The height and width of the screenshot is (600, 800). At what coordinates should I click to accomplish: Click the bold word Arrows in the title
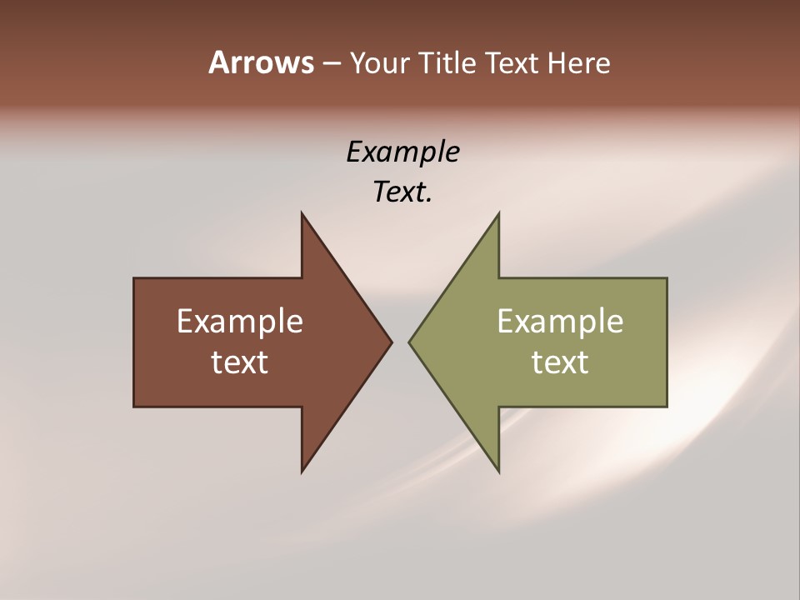pyautogui.click(x=260, y=62)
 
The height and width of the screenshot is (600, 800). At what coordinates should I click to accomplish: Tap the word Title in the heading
pyautogui.click(x=452, y=62)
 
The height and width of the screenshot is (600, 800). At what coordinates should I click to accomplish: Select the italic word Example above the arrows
pyautogui.click(x=402, y=152)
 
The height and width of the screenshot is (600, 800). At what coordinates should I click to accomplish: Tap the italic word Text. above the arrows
pyautogui.click(x=402, y=192)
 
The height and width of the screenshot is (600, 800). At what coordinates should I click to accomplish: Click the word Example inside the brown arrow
pyautogui.click(x=240, y=321)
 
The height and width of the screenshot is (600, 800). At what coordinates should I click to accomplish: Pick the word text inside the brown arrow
pyautogui.click(x=240, y=362)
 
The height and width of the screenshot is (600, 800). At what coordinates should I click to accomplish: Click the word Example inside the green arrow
pyautogui.click(x=560, y=321)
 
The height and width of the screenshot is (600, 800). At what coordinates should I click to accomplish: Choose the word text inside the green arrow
pyautogui.click(x=560, y=362)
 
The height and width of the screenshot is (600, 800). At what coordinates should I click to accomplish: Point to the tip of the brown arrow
pyautogui.click(x=391, y=342)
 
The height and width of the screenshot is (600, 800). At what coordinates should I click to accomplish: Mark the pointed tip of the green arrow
pyautogui.click(x=410, y=342)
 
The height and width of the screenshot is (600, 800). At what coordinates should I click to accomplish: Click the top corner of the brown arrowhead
pyautogui.click(x=302, y=215)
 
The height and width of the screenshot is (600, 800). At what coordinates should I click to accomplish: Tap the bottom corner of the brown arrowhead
pyautogui.click(x=302, y=471)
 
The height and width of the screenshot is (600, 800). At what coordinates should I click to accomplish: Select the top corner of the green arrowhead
pyautogui.click(x=498, y=215)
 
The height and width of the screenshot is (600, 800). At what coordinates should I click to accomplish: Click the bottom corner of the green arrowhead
pyautogui.click(x=498, y=471)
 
